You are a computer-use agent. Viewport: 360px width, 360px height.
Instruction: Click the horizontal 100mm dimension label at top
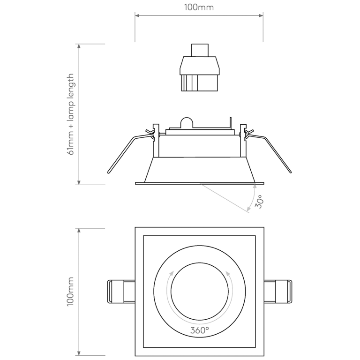(x=199, y=7)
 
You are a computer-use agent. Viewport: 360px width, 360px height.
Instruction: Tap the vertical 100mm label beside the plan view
(x=70, y=291)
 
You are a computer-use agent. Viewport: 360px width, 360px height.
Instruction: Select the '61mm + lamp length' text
(x=70, y=114)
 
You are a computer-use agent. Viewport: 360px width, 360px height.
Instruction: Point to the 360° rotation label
(x=200, y=330)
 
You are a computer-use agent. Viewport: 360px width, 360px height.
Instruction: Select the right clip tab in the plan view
(x=278, y=291)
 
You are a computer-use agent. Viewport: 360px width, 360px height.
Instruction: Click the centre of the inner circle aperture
(x=200, y=291)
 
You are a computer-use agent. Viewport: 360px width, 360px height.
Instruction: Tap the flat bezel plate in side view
(x=199, y=183)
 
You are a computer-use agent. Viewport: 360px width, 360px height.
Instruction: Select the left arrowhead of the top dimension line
(x=137, y=16)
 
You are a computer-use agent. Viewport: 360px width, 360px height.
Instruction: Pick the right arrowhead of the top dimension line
(x=261, y=16)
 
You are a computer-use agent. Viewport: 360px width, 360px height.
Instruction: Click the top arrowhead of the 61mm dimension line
(x=79, y=46)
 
